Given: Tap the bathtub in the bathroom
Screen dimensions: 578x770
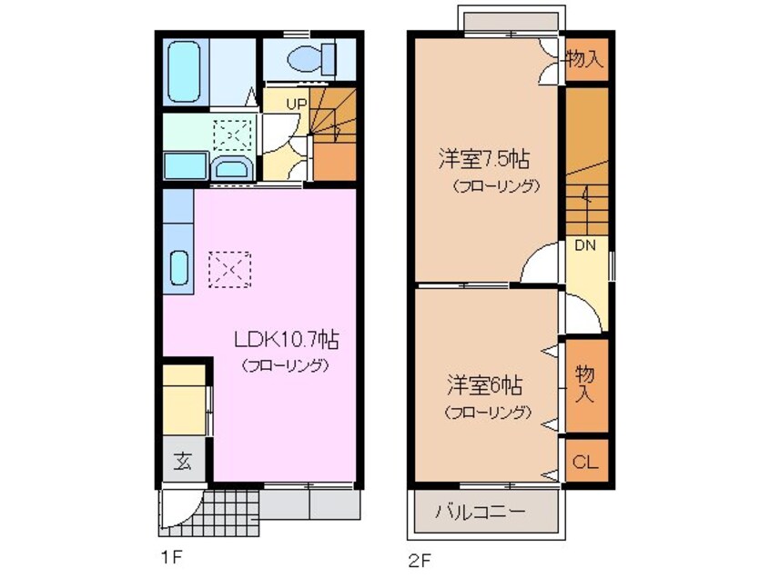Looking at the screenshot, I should (190, 72).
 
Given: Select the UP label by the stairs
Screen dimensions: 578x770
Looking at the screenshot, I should (297, 104).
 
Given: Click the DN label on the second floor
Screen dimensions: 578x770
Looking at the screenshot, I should (583, 244).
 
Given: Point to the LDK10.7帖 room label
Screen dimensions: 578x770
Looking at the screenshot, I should (286, 341).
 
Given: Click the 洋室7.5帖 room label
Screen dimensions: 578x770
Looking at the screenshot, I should (483, 160).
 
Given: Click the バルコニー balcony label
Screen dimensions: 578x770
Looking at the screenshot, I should (480, 512).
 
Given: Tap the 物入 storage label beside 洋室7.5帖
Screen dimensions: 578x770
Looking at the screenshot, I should (584, 61).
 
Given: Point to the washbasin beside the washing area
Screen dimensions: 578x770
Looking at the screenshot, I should (233, 167).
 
